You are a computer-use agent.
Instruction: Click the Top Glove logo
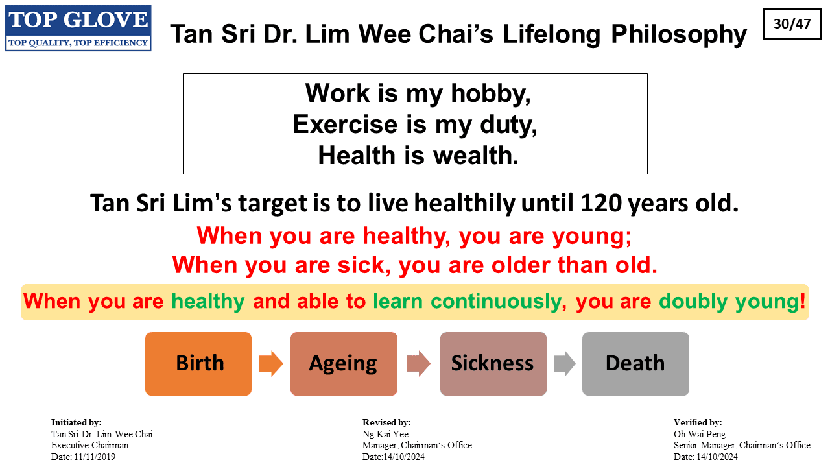(x=78, y=28)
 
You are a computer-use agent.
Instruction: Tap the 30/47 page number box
(x=792, y=24)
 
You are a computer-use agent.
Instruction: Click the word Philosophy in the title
(x=679, y=34)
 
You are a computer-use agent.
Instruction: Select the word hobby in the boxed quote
(x=491, y=93)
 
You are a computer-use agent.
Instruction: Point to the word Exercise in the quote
(x=345, y=124)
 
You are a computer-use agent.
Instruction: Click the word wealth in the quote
(x=476, y=155)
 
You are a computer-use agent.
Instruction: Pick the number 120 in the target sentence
(x=600, y=203)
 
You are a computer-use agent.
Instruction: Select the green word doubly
(x=693, y=301)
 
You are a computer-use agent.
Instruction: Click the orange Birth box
(x=198, y=364)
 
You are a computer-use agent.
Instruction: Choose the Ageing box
(x=344, y=364)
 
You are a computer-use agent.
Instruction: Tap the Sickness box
(x=493, y=364)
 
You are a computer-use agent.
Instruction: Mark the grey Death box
(x=635, y=364)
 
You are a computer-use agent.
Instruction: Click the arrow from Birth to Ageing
(x=271, y=364)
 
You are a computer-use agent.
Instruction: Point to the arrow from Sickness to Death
(x=565, y=364)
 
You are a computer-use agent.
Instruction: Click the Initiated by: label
(x=76, y=422)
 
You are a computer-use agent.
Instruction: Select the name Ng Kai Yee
(x=385, y=434)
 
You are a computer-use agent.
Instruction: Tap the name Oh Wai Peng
(x=700, y=434)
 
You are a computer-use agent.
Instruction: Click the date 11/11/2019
(x=95, y=457)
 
